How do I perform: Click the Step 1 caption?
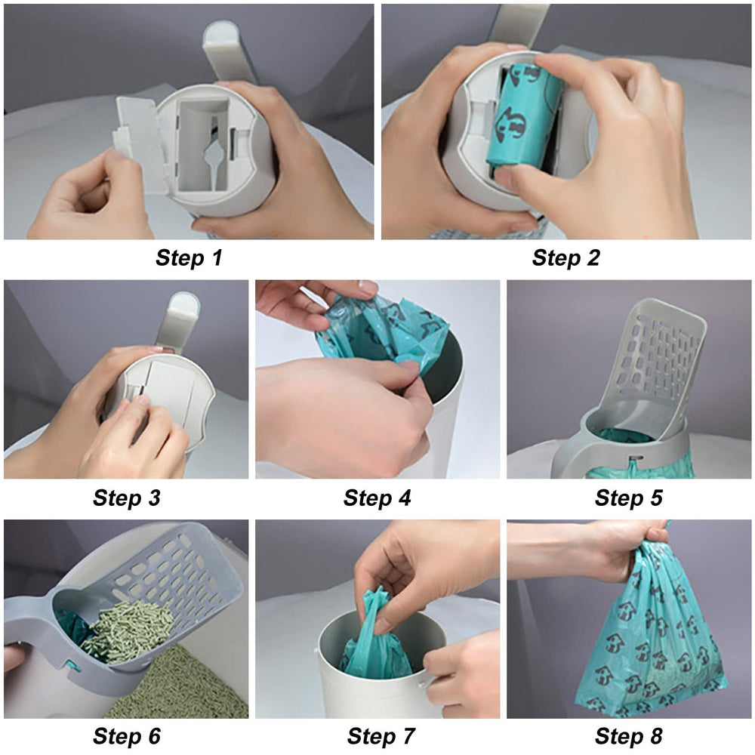[189, 258]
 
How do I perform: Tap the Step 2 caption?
[565, 258]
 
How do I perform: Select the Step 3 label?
[126, 498]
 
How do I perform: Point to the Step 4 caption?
[377, 498]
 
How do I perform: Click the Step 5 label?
[628, 498]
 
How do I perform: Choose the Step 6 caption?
[126, 735]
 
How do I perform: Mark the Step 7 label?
[377, 735]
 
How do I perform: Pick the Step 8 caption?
[628, 735]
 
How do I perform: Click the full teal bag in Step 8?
[649, 642]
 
